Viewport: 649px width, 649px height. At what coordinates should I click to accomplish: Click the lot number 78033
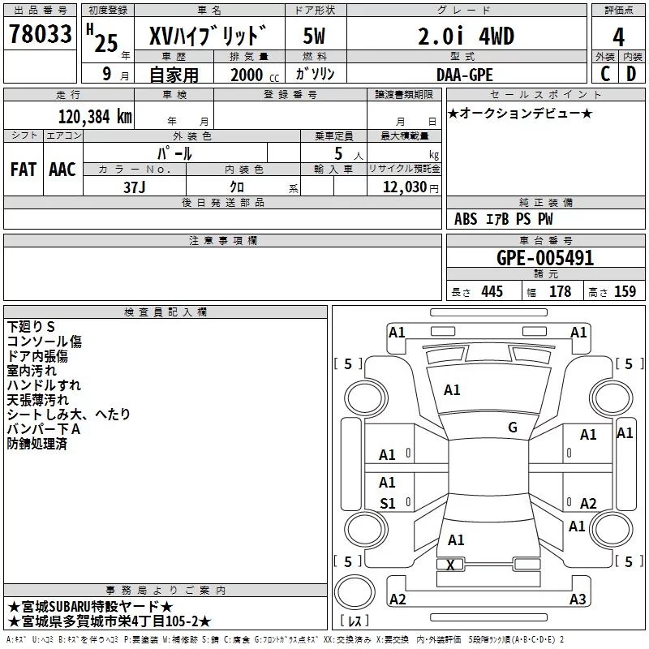click(41, 33)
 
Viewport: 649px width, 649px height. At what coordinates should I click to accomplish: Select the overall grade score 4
click(618, 37)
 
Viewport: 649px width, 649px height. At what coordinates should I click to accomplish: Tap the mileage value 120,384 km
click(95, 117)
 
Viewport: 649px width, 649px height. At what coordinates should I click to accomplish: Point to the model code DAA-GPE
click(465, 75)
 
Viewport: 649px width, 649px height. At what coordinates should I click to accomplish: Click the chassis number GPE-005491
click(545, 258)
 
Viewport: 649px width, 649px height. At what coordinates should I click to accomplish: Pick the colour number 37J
click(135, 187)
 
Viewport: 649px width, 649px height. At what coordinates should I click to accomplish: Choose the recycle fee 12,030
click(405, 187)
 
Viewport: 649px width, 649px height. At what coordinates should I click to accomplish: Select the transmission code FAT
click(24, 170)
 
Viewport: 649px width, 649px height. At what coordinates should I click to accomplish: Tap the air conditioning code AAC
click(62, 170)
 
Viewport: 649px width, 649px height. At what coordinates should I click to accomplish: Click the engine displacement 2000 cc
click(255, 75)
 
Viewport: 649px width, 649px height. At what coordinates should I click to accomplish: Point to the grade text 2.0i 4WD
click(466, 36)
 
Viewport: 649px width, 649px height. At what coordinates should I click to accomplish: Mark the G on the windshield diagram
click(513, 427)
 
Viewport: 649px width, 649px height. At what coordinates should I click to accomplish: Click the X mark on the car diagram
click(450, 565)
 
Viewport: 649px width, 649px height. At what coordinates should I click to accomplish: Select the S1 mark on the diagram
click(388, 503)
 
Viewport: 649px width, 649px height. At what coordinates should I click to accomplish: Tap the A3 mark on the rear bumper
click(578, 599)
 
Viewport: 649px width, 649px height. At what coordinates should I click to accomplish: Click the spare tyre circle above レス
click(355, 592)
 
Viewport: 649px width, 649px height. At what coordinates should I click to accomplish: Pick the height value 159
click(625, 291)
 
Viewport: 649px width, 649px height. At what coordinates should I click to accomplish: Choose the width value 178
click(560, 291)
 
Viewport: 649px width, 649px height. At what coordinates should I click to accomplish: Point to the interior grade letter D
click(631, 74)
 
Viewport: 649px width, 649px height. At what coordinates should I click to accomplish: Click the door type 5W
click(314, 36)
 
